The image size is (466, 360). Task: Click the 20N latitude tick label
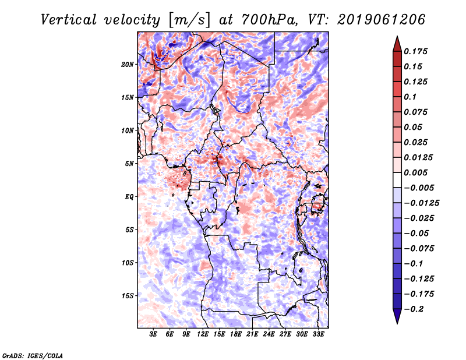point(128,64)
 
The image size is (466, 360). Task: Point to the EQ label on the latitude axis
point(129,197)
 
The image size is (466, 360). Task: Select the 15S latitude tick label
point(128,296)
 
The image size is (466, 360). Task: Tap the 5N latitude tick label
point(129,164)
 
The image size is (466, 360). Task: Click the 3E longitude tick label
point(154,335)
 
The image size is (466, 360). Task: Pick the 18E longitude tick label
point(236,335)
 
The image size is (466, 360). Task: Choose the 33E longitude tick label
point(318,335)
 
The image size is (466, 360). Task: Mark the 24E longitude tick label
point(269,335)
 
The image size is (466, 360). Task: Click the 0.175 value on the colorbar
point(416,52)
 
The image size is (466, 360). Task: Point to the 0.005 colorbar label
point(416,173)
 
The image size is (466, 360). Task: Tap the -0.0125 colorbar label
point(422,203)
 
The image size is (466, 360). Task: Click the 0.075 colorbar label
point(416,112)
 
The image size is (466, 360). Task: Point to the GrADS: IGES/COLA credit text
point(33,355)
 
